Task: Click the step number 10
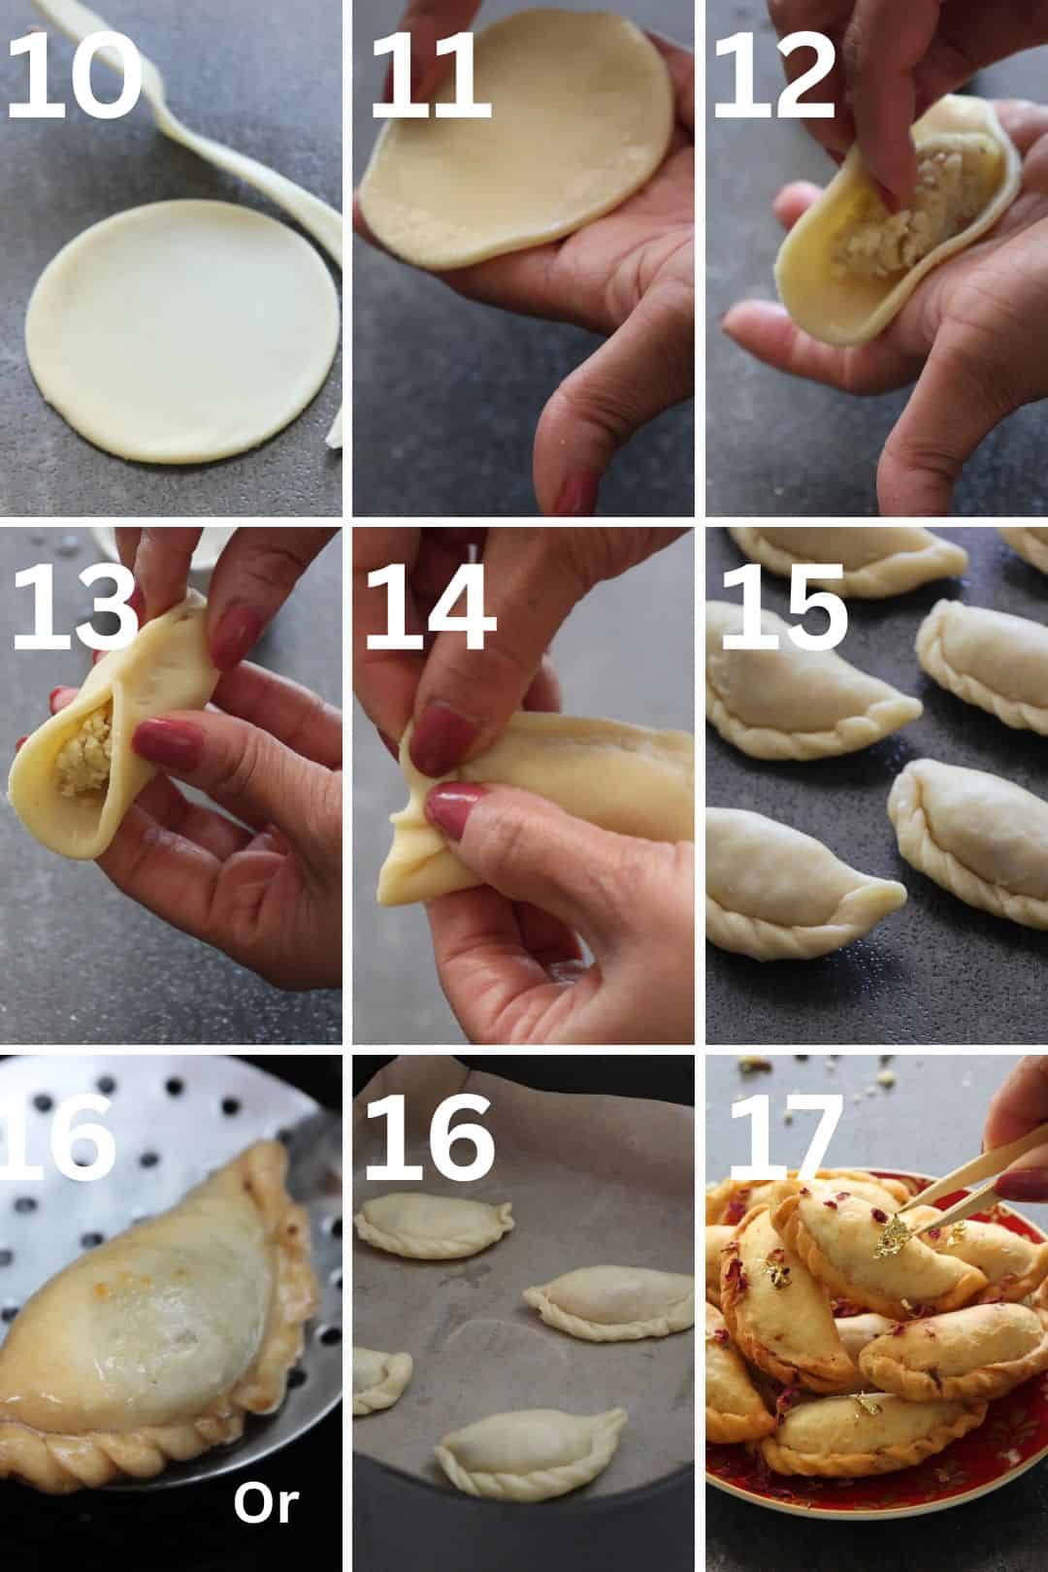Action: point(74,76)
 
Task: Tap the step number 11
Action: point(430,76)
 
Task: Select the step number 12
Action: point(773,76)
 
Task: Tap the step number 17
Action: point(786,1138)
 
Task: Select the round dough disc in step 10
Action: point(182,331)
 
